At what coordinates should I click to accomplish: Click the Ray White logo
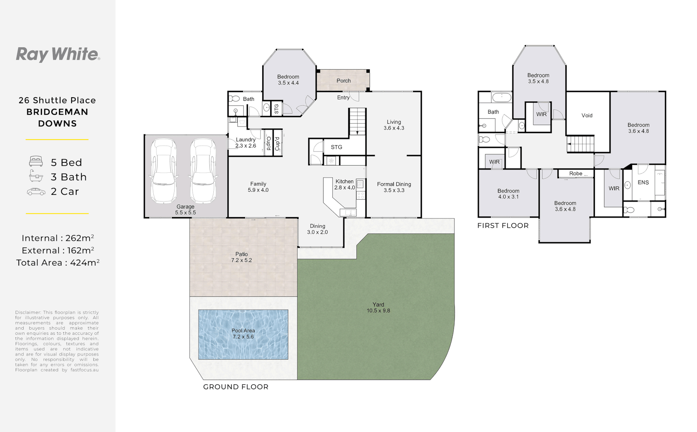[x=58, y=54]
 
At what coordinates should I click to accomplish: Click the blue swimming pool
[x=243, y=334]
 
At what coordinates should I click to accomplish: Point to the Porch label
[x=343, y=81]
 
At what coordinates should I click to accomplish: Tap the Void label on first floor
[x=587, y=116]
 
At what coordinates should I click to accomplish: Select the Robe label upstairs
[x=576, y=174]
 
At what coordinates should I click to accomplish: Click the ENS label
[x=643, y=182]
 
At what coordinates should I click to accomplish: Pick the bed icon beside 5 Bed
[x=36, y=162]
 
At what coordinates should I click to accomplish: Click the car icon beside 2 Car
[x=36, y=192]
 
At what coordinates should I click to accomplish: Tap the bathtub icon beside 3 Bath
[x=36, y=176]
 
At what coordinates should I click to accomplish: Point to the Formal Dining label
[x=394, y=187]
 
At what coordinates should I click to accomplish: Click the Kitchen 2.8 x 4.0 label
[x=345, y=184]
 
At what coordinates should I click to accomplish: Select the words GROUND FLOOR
[x=236, y=387]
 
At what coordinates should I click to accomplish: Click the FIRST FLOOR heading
[x=503, y=226]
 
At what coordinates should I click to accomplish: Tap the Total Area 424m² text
[x=58, y=263]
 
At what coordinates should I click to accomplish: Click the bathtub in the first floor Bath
[x=501, y=97]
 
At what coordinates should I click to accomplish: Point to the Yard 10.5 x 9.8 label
[x=378, y=308]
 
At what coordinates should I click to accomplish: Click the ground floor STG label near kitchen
[x=336, y=147]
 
